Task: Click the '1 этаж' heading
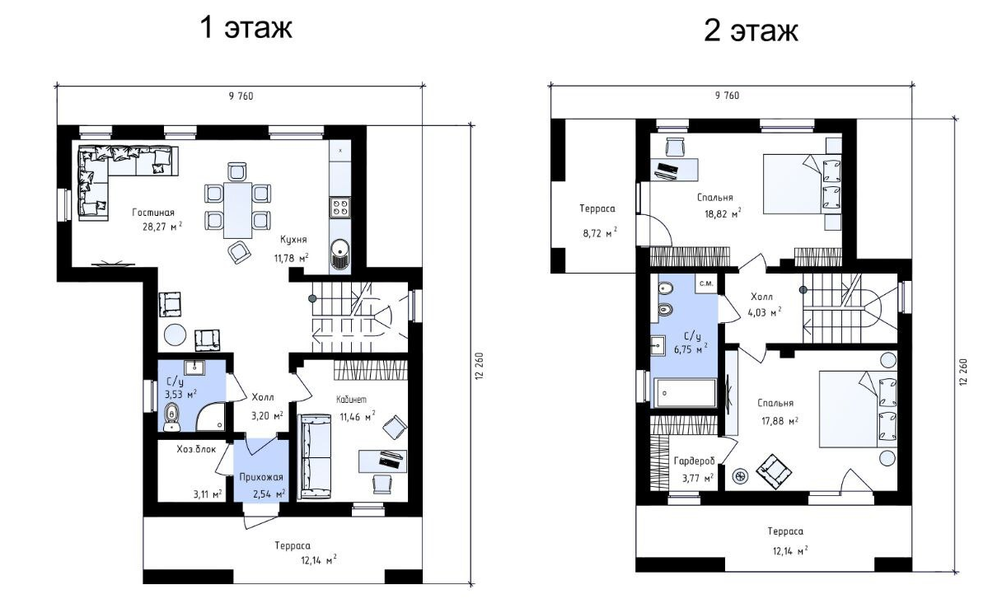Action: pyautogui.click(x=246, y=28)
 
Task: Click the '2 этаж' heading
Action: pyautogui.click(x=751, y=30)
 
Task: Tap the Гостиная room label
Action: pyautogui.click(x=153, y=213)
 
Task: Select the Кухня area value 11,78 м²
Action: pyautogui.click(x=291, y=258)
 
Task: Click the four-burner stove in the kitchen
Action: pyautogui.click(x=340, y=208)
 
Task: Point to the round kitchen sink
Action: pyautogui.click(x=340, y=249)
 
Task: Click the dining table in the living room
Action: pyautogui.click(x=237, y=210)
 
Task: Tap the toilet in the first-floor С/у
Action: pyautogui.click(x=171, y=417)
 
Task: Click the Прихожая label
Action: pyautogui.click(x=261, y=477)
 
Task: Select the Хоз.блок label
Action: pyautogui.click(x=196, y=449)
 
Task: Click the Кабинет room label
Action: pyautogui.click(x=351, y=400)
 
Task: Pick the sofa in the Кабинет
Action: pyautogui.click(x=315, y=456)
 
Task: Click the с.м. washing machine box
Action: pyautogui.click(x=706, y=283)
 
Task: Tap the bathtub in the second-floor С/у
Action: pyautogui.click(x=685, y=393)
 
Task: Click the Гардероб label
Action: pyautogui.click(x=695, y=461)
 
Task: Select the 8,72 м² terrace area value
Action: pyautogui.click(x=600, y=232)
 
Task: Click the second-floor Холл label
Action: pyautogui.click(x=761, y=297)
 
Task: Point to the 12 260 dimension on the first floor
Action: pyautogui.click(x=479, y=366)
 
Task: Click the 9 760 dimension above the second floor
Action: pyautogui.click(x=727, y=96)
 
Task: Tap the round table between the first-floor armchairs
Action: pyautogui.click(x=175, y=335)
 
